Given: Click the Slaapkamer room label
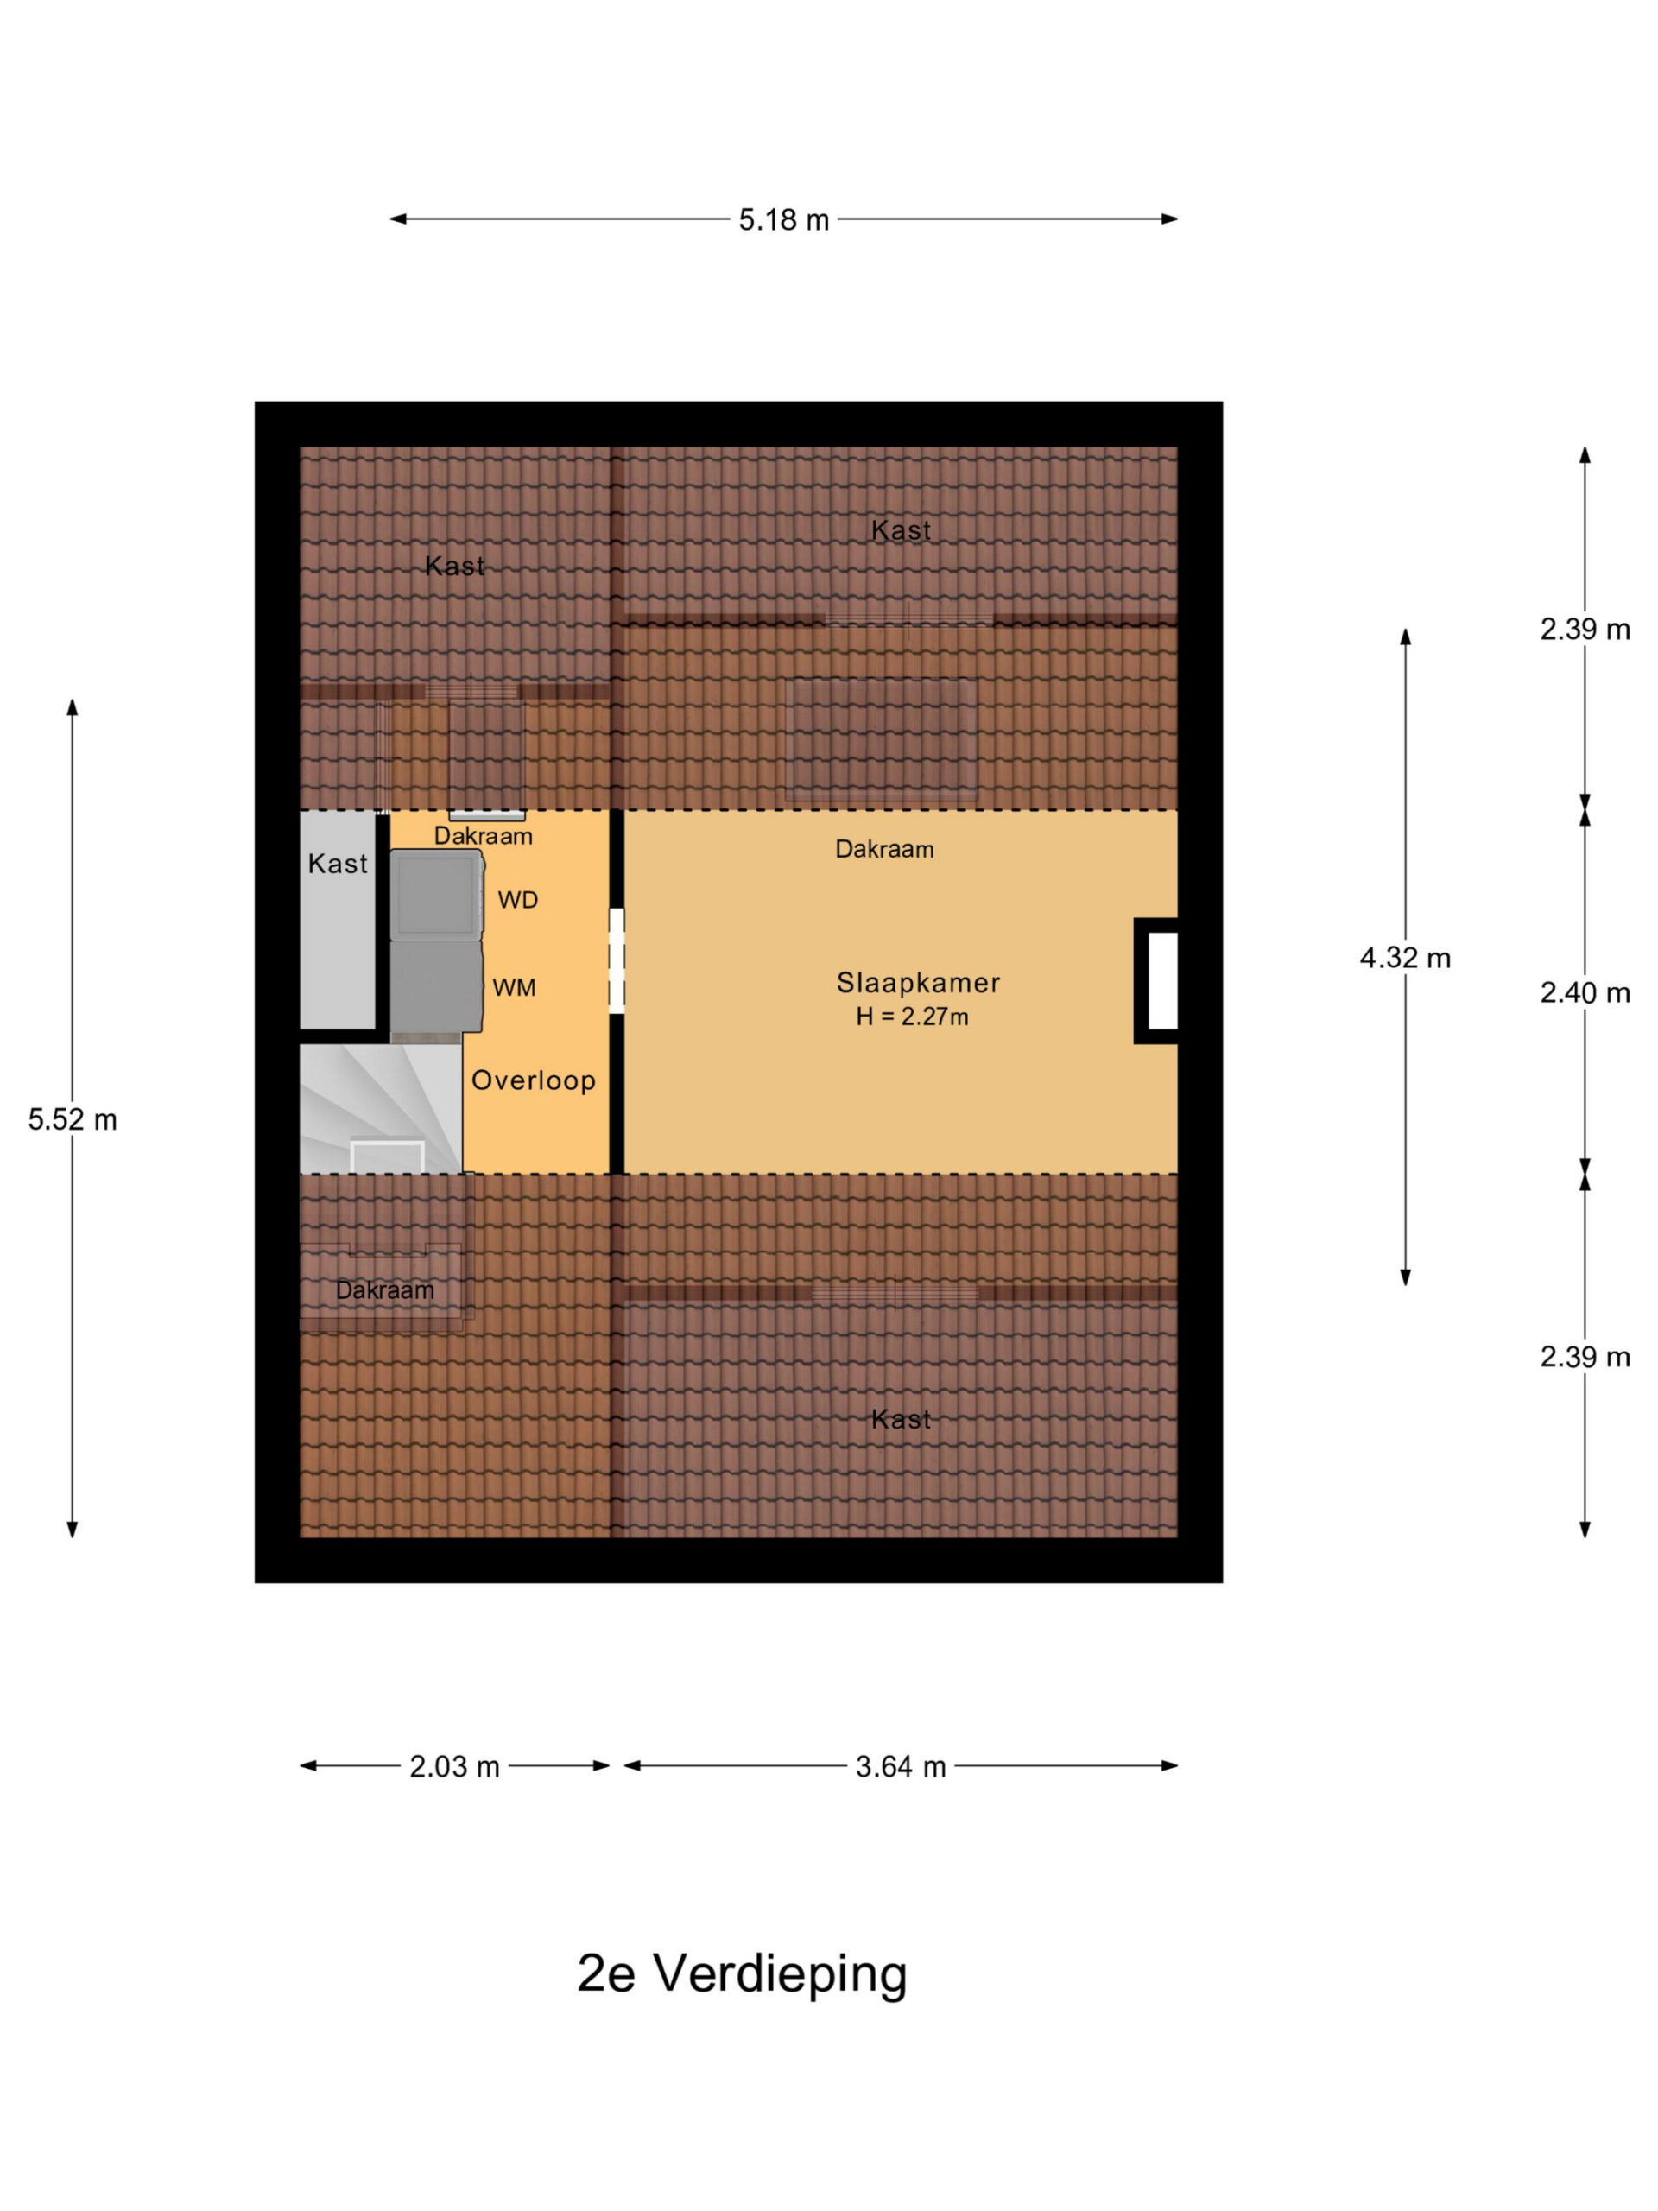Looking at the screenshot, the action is click(917, 983).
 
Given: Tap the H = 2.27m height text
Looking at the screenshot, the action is click(911, 1017).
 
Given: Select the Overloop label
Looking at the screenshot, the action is click(533, 1080).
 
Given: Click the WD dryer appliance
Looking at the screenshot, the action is click(436, 895).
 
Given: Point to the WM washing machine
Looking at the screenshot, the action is click(436, 986).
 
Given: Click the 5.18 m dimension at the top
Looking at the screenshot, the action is click(783, 220).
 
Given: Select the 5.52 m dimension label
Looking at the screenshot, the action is click(72, 1119).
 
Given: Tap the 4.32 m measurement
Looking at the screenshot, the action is click(1404, 959).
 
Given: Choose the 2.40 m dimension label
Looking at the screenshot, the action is click(1584, 992).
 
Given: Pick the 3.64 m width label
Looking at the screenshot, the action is click(900, 1766).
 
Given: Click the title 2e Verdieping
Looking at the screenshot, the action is click(742, 1974).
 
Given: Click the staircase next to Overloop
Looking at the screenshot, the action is click(381, 1107).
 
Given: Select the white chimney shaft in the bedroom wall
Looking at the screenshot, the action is click(1161, 980).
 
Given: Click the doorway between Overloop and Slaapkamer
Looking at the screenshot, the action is click(617, 960).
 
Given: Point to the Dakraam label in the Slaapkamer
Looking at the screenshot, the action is click(884, 850).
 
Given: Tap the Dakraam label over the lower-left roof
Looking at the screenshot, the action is click(385, 1290).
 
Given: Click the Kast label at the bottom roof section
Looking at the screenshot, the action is click(901, 1419).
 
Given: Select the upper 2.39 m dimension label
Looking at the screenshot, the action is click(1584, 630).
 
